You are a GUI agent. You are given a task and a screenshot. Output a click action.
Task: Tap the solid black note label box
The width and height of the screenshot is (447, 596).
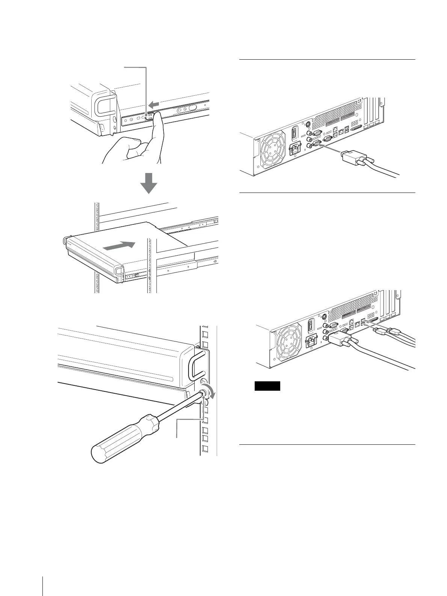(267, 386)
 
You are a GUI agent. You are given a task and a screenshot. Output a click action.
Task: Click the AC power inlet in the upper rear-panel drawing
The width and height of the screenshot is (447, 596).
(294, 150)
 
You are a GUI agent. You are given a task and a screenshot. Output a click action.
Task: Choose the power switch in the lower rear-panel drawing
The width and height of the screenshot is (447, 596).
(310, 326)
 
